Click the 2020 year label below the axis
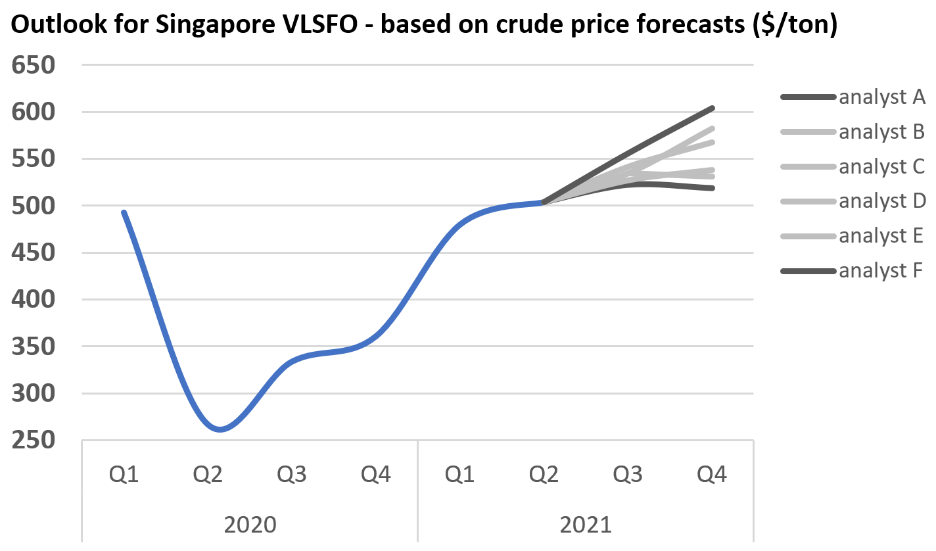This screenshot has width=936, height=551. tap(250, 525)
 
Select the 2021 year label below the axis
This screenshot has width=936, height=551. tap(586, 525)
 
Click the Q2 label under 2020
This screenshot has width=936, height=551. tap(208, 473)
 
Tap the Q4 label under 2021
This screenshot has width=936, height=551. tap(712, 473)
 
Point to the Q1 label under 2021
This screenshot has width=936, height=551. tap(459, 473)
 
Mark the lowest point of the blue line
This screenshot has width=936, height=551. tap(219, 430)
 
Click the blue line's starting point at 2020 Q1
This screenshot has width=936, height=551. tap(124, 212)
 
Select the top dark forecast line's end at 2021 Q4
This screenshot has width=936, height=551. tap(713, 108)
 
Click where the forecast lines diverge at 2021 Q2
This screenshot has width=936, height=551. tap(544, 203)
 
